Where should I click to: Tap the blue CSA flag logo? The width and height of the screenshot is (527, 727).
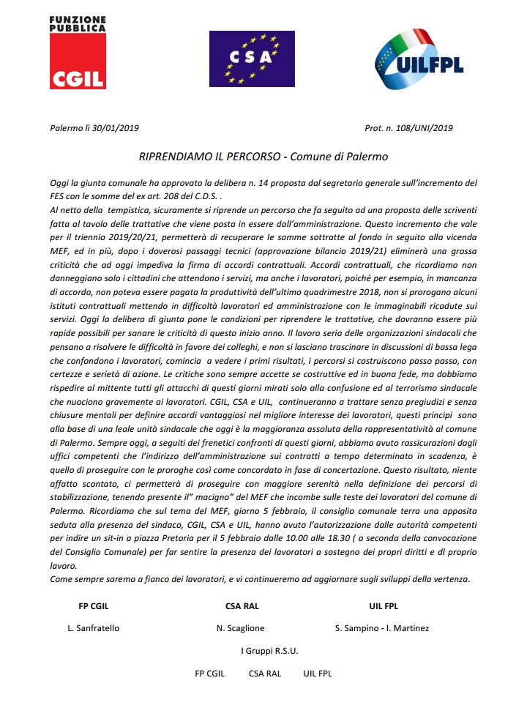(252, 59)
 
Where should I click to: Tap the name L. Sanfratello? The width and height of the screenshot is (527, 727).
(93, 627)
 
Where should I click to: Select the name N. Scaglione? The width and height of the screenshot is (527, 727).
(241, 627)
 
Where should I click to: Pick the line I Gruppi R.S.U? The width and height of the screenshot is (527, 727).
(269, 650)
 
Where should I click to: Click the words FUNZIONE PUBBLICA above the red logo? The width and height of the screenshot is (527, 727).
(77, 23)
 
